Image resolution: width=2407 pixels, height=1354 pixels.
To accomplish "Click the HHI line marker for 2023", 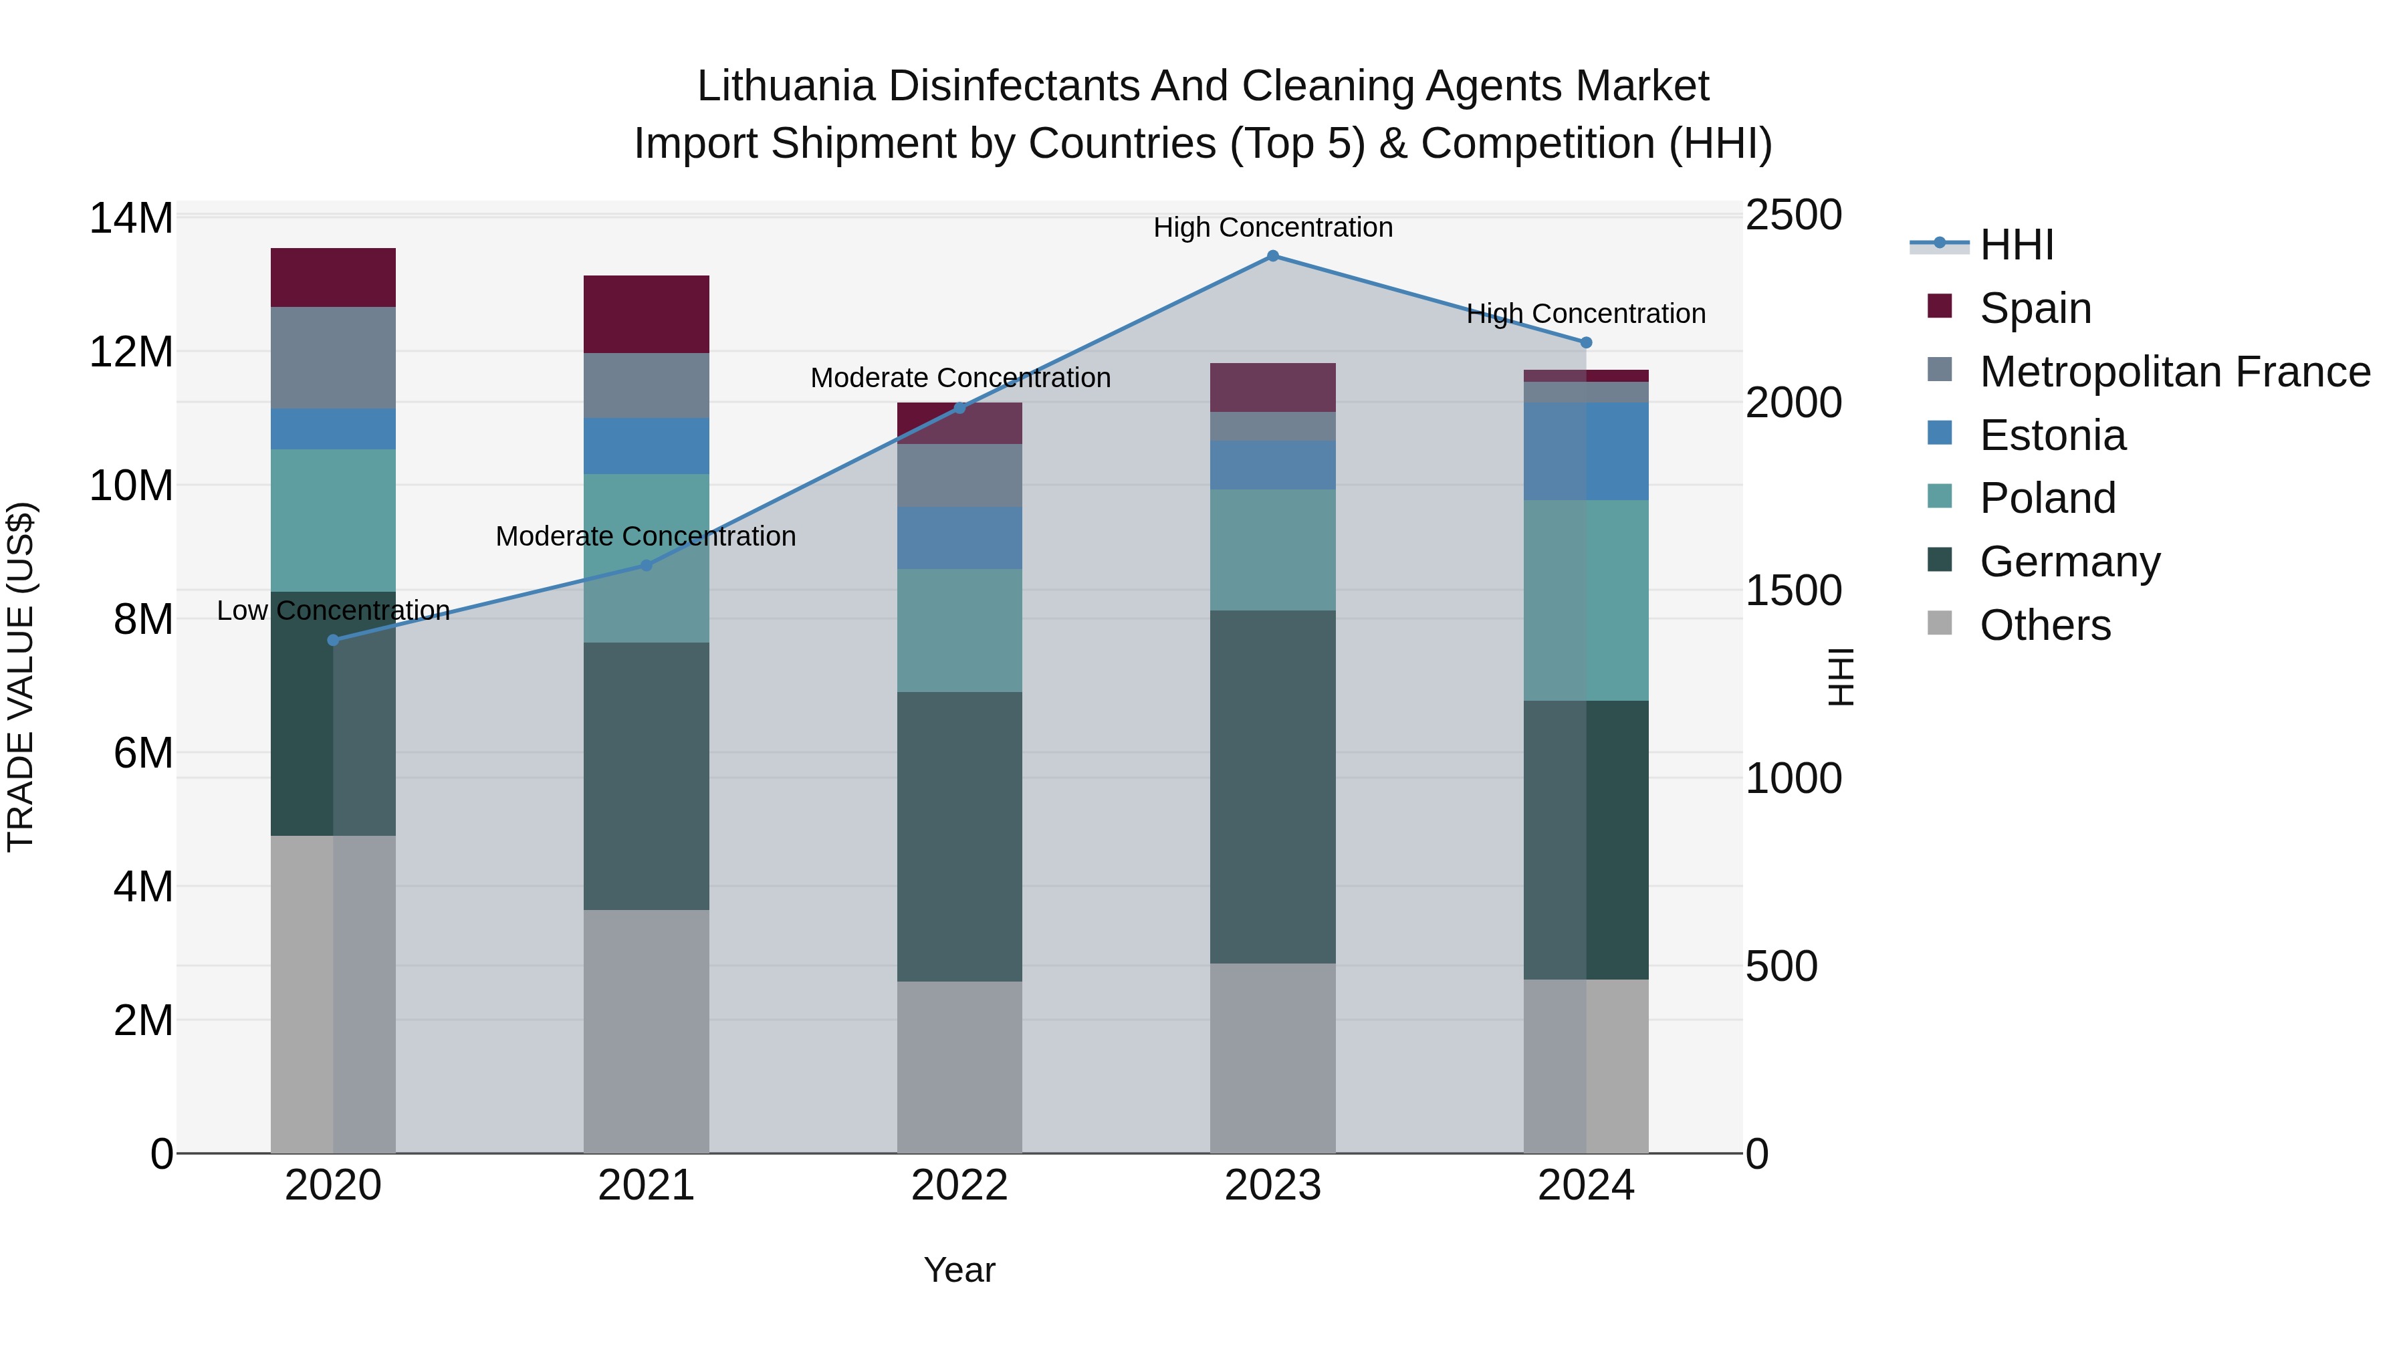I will coord(1272,255).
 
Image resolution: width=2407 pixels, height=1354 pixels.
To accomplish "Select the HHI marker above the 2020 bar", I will coord(334,640).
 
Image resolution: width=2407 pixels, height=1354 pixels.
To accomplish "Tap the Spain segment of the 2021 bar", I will coord(646,314).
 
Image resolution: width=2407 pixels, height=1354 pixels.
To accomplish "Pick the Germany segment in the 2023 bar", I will coord(1272,787).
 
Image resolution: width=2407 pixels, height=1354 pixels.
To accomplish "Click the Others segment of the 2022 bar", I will coord(959,1066).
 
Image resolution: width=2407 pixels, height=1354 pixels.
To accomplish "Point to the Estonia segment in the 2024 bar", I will coord(1586,451).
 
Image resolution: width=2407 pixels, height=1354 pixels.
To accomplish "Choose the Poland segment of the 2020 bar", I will coord(334,520).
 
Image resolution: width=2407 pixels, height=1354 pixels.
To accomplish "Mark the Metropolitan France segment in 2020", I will coord(334,357).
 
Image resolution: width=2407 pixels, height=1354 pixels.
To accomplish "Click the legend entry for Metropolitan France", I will coord(2174,372).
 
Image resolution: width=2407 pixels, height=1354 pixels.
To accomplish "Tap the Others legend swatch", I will coord(1940,623).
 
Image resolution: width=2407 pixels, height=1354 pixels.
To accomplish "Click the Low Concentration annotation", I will coord(334,610).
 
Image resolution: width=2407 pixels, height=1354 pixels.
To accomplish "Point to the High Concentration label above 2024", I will coord(1586,314).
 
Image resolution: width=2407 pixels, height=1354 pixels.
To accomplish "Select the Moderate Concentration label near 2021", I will coord(646,536).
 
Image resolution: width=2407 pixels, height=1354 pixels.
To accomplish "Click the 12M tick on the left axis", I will coord(131,352).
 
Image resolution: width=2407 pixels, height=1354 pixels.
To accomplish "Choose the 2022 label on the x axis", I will coord(959,1186).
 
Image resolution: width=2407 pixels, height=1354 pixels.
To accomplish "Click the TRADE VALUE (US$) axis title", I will coord(21,677).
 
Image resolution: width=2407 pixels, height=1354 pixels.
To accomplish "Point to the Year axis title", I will coord(959,1270).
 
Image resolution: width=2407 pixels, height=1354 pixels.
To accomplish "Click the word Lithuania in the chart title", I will coord(786,87).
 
